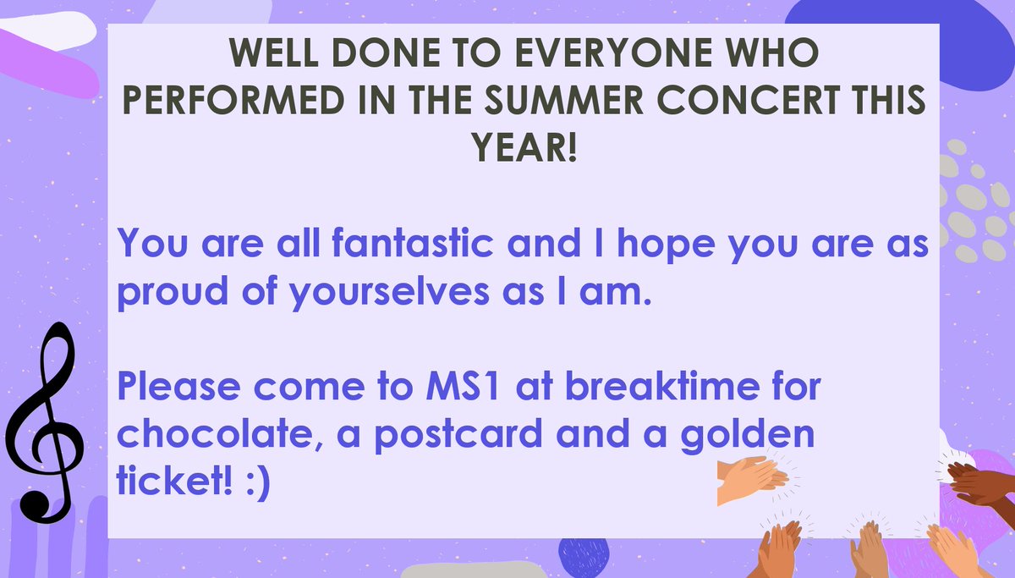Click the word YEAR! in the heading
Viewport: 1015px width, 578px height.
525,151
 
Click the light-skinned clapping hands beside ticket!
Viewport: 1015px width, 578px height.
750,480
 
